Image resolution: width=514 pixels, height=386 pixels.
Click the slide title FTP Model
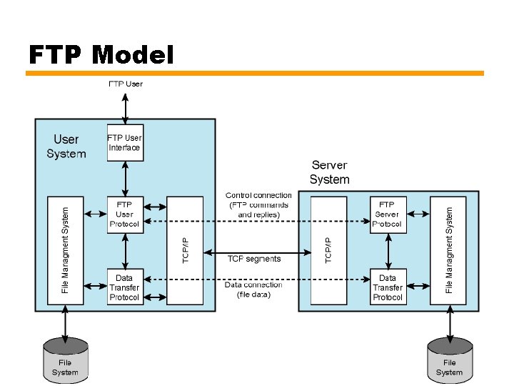pos(101,54)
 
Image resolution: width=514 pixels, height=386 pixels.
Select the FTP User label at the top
pos(126,84)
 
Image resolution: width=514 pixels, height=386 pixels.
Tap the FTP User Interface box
pos(125,143)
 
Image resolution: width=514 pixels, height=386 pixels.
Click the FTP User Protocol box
pos(125,214)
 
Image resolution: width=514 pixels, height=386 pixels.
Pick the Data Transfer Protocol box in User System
pos(125,287)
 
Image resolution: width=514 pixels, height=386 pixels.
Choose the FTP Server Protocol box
pos(388,214)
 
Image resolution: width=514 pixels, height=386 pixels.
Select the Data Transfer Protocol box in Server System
pos(388,287)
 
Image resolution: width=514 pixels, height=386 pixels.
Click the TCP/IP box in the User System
pos(185,250)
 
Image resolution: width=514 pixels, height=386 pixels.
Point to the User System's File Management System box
pos(65,250)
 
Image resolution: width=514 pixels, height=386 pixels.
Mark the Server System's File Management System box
pos(449,250)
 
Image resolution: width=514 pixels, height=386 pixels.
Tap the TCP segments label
pos(254,259)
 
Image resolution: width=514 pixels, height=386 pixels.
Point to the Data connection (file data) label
pos(253,289)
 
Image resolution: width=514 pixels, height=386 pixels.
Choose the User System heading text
pos(66,147)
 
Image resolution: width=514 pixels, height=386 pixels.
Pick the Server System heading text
pos(329,172)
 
